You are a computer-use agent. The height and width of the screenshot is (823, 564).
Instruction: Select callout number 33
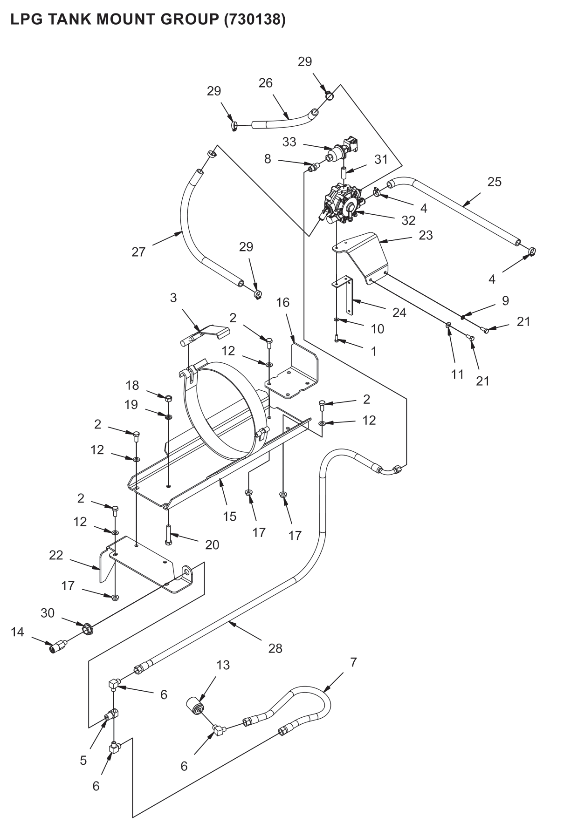(289, 142)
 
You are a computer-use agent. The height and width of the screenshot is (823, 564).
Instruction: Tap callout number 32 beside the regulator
(408, 220)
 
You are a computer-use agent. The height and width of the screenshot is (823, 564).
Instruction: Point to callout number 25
(494, 182)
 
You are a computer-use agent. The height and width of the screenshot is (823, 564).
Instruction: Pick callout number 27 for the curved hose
(139, 252)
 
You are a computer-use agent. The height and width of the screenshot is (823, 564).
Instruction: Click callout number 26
(266, 83)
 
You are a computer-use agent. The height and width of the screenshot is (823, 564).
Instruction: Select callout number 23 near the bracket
(426, 235)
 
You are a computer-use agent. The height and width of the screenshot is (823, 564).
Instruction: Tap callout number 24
(399, 312)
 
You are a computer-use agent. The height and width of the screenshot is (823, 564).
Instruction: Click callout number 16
(282, 302)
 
